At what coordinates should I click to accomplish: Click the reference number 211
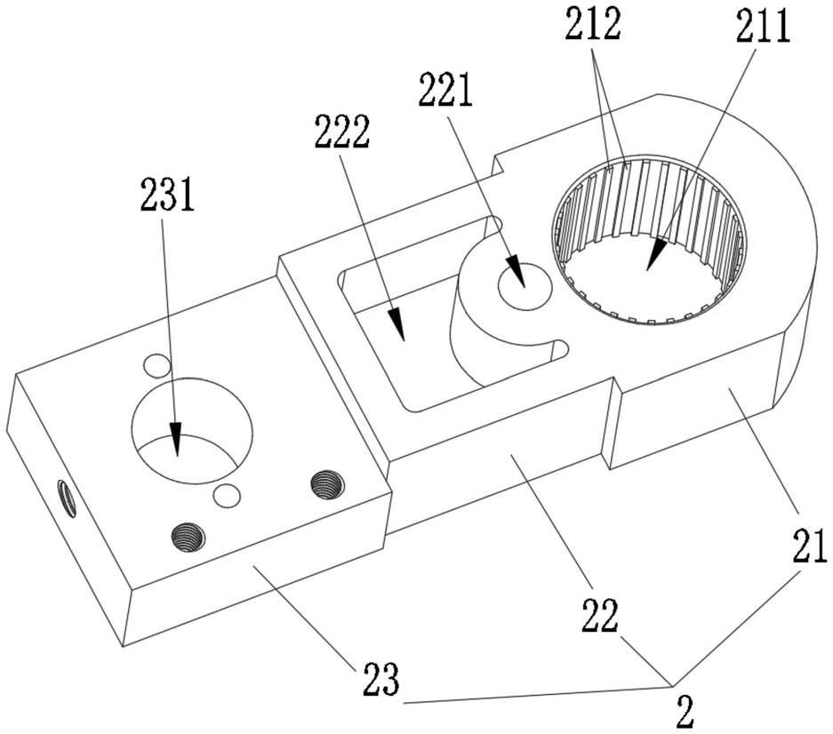(x=764, y=27)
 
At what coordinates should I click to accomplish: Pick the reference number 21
(x=810, y=546)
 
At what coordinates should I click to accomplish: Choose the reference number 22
(x=600, y=615)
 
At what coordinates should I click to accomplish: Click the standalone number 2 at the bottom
(x=685, y=714)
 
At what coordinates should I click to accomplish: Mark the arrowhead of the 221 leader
(x=517, y=271)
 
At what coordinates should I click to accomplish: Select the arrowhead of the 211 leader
(x=655, y=254)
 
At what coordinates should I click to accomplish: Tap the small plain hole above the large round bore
(x=156, y=366)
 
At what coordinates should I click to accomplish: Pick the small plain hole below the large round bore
(x=227, y=496)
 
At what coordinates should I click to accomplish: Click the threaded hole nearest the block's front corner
(x=188, y=538)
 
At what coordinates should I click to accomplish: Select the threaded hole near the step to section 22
(x=327, y=484)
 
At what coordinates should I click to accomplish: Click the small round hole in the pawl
(x=525, y=284)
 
